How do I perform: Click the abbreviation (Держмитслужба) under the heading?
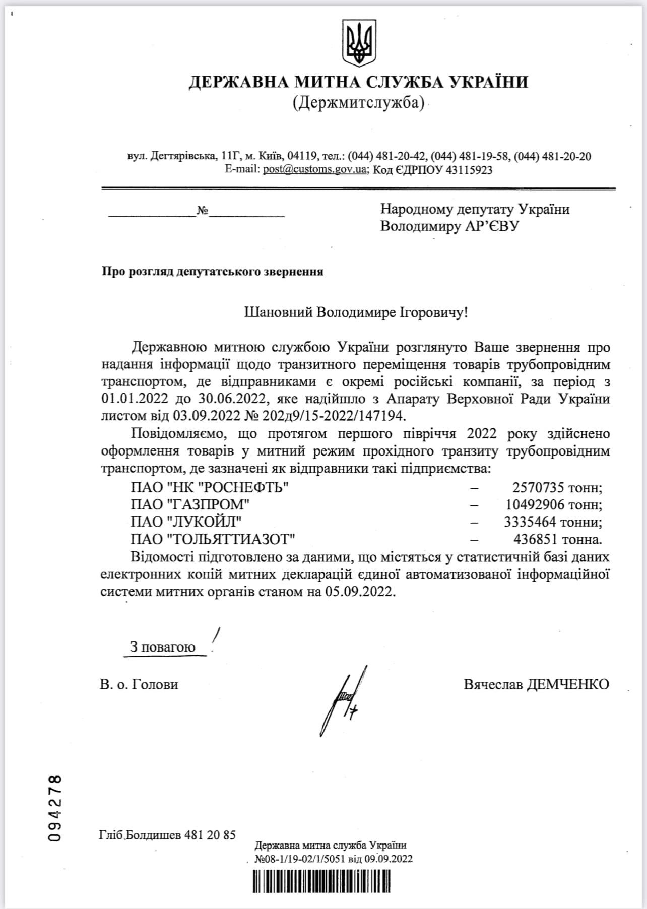point(358,103)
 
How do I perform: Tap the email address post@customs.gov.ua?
point(314,170)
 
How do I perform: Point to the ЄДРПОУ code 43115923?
point(468,170)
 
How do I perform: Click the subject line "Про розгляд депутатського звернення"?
point(212,272)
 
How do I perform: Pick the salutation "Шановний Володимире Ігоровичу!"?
point(356,312)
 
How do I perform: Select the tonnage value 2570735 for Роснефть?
point(538,487)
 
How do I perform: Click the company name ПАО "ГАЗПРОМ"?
point(190,504)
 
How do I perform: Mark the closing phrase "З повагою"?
point(162,647)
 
